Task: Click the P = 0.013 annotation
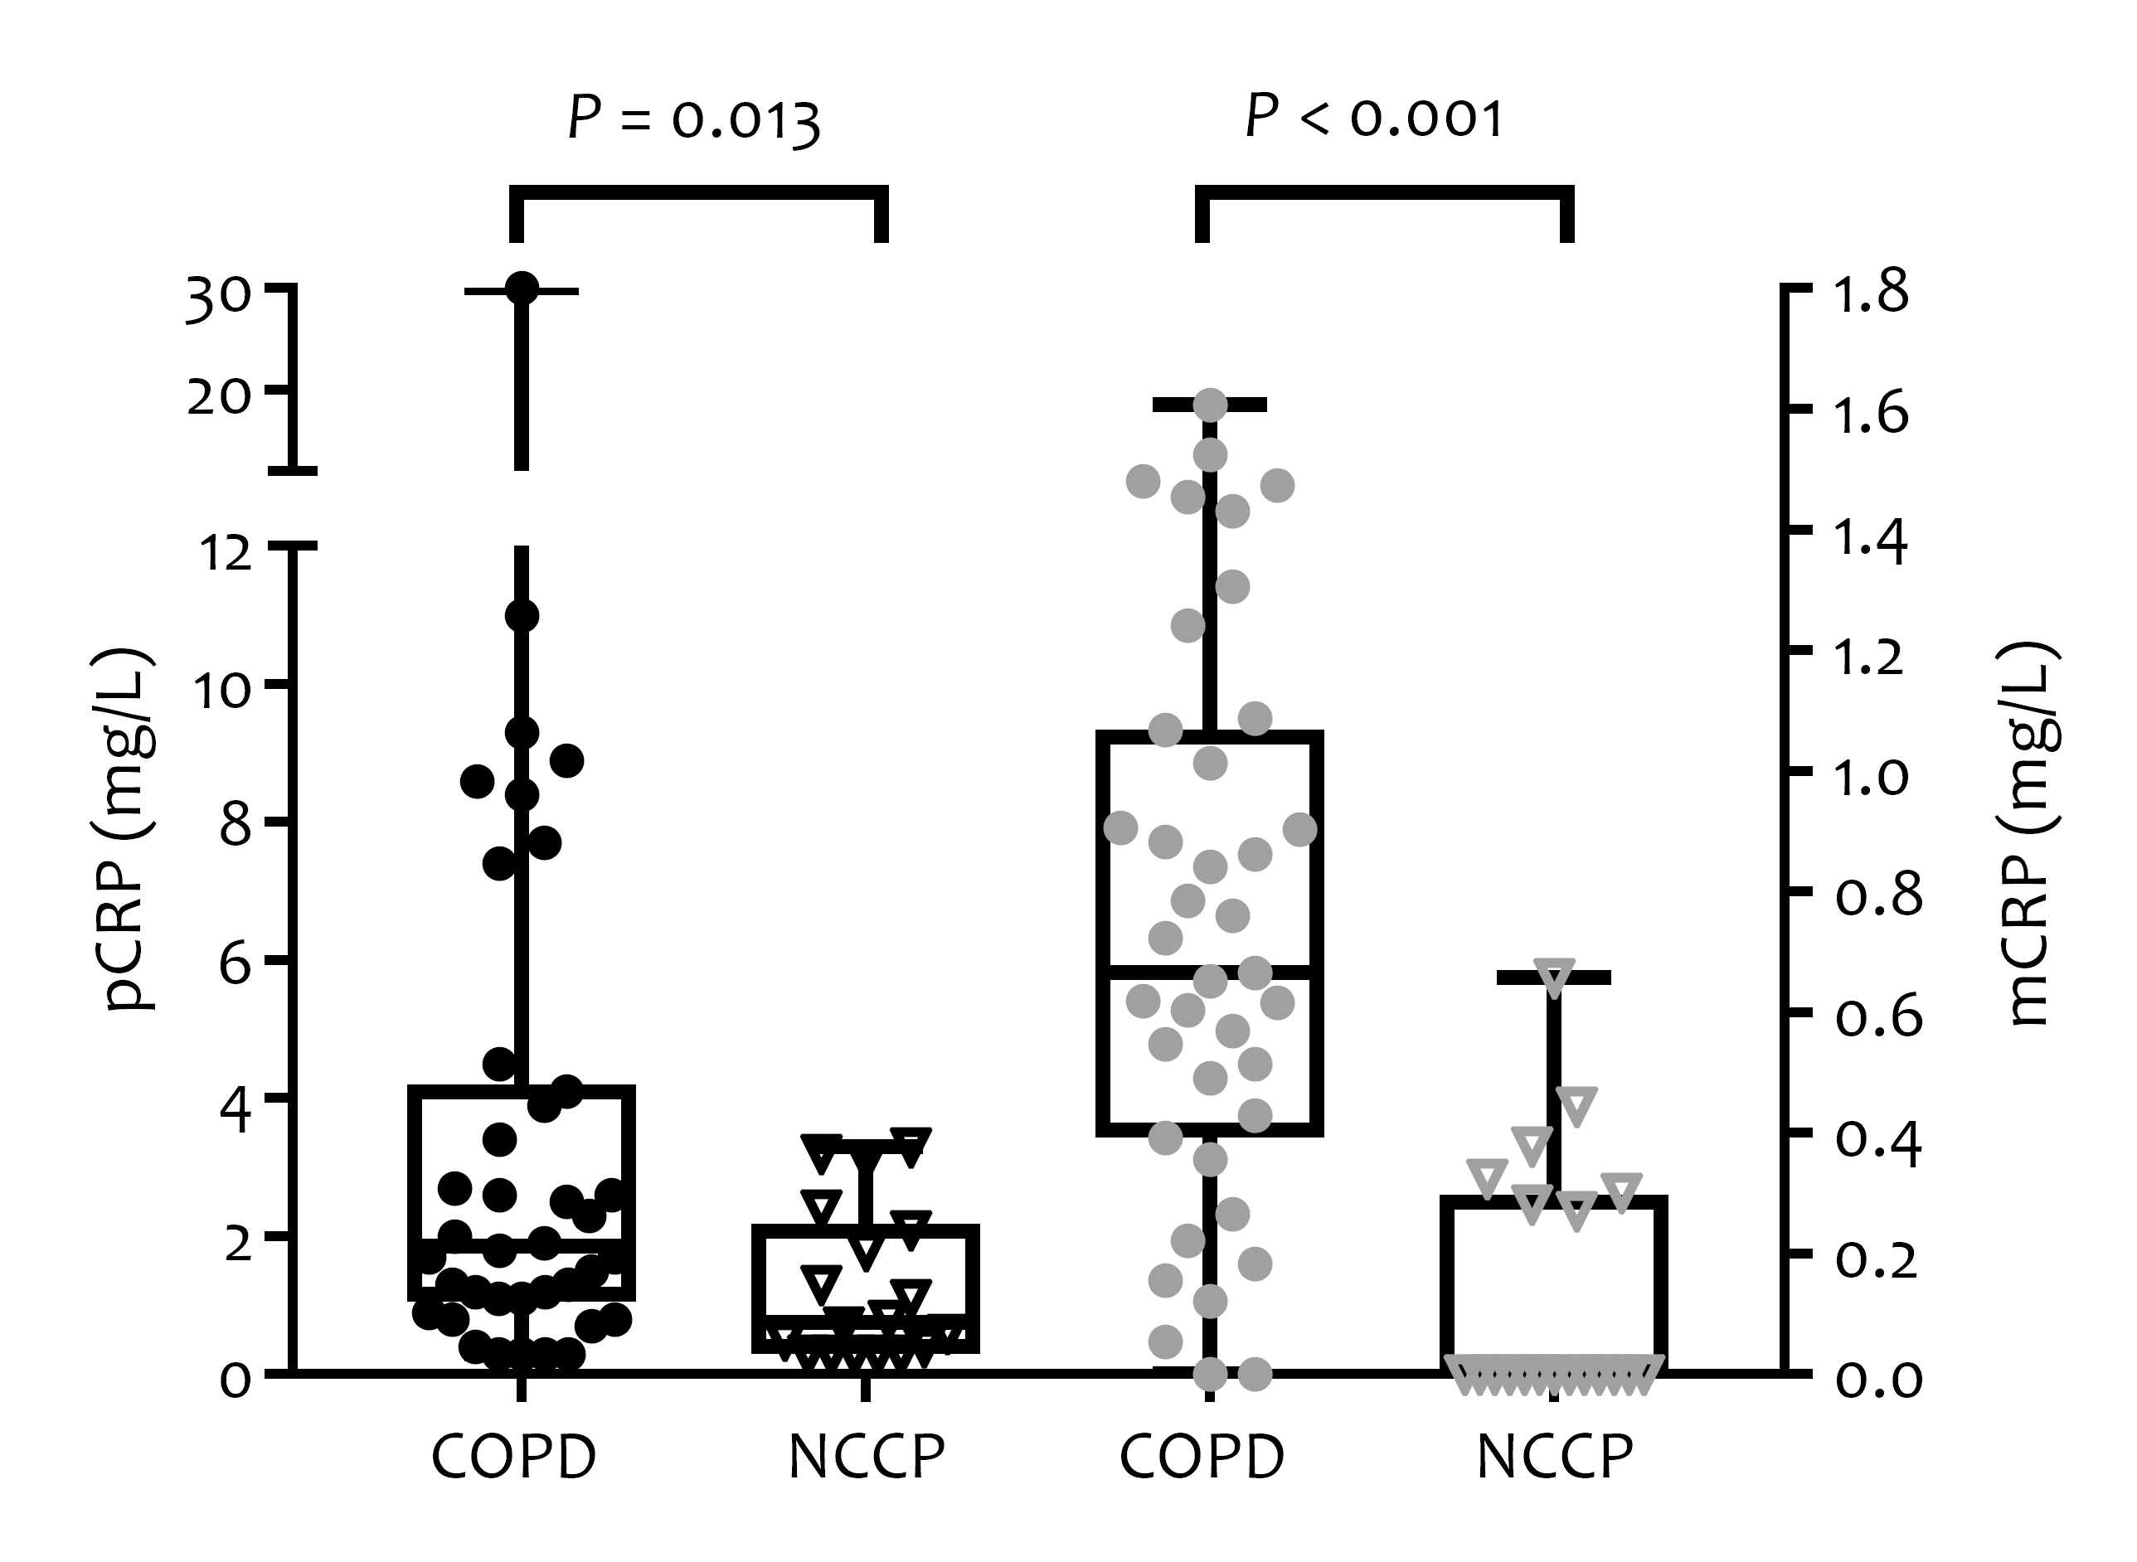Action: (694, 120)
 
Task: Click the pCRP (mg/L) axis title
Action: (129, 830)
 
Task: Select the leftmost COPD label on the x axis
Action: (513, 1457)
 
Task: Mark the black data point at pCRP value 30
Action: (522, 289)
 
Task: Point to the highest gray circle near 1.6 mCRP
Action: (1211, 405)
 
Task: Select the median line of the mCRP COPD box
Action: (1209, 972)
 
